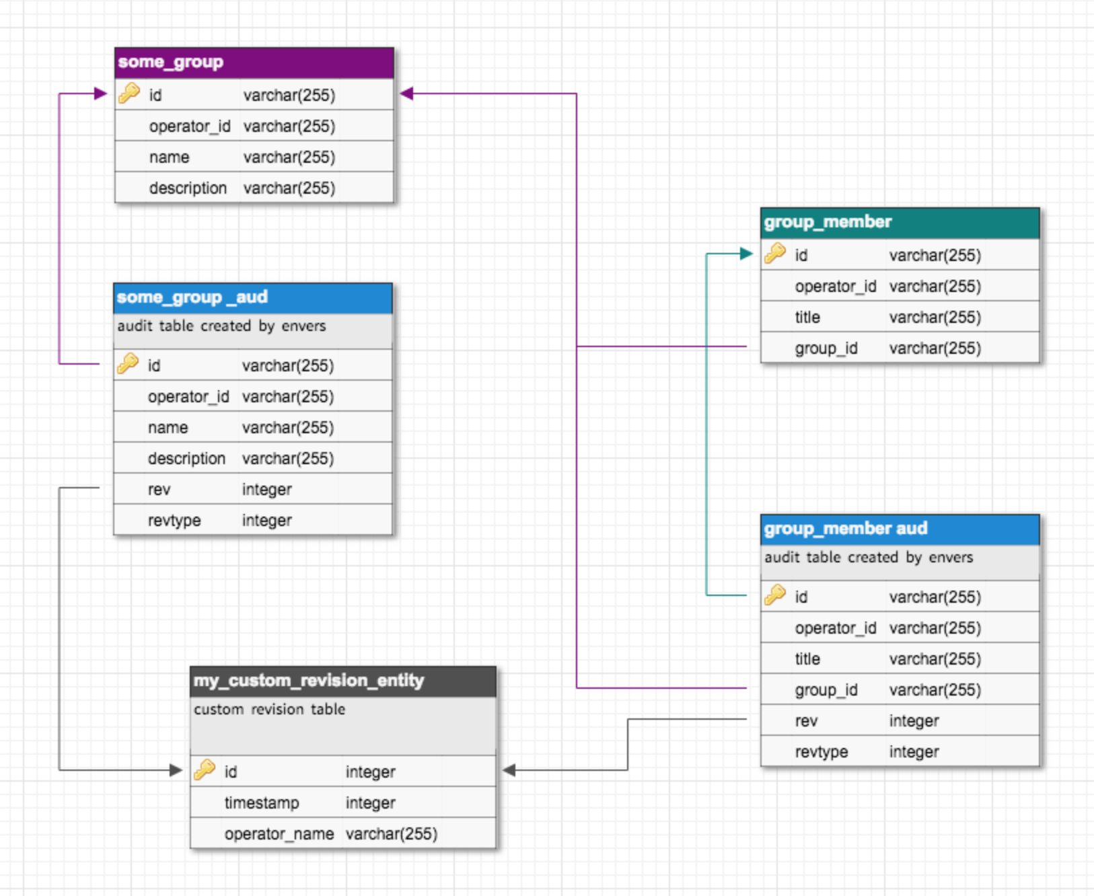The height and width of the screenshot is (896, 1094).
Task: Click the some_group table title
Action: pyautogui.click(x=171, y=62)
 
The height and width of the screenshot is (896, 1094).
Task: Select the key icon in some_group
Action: pyautogui.click(x=129, y=94)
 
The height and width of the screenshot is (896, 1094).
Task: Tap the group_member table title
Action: pyautogui.click(x=828, y=222)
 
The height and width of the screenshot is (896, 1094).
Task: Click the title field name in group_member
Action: pyautogui.click(x=807, y=318)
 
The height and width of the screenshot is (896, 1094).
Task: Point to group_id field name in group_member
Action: pyautogui.click(x=826, y=348)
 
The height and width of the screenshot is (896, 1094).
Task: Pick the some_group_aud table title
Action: pyautogui.click(x=192, y=297)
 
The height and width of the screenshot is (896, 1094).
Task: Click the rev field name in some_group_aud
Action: pyautogui.click(x=159, y=490)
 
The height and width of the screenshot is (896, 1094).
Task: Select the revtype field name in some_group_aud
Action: pyautogui.click(x=174, y=521)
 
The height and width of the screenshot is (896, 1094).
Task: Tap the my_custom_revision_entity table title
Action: pyautogui.click(x=309, y=681)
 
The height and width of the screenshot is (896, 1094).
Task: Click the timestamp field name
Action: pyautogui.click(x=262, y=803)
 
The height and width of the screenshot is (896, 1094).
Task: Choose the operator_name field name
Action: pyautogui.click(x=279, y=834)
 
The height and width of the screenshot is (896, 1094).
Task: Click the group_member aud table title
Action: pyautogui.click(x=846, y=529)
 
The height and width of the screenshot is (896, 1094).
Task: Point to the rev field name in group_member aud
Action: pyautogui.click(x=806, y=721)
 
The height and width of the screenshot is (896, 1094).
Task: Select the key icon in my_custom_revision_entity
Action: pyautogui.click(x=205, y=770)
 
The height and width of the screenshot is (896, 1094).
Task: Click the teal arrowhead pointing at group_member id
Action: pyautogui.click(x=745, y=254)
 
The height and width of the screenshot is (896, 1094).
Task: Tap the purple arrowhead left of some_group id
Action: pyautogui.click(x=101, y=94)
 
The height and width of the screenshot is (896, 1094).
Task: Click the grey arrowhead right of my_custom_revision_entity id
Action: pyautogui.click(x=509, y=770)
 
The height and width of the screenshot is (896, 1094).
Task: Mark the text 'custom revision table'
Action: pyautogui.click(x=269, y=710)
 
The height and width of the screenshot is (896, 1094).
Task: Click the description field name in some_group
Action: pyautogui.click(x=188, y=188)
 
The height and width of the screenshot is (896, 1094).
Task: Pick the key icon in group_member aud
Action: pyautogui.click(x=775, y=595)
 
